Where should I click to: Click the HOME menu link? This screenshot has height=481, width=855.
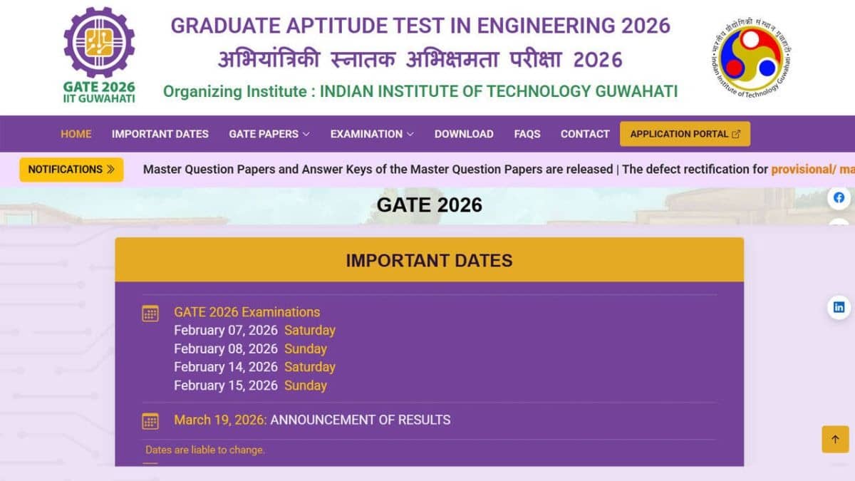tap(76, 134)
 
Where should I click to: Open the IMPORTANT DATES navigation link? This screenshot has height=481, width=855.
tap(160, 134)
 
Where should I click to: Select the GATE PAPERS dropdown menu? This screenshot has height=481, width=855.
tap(269, 134)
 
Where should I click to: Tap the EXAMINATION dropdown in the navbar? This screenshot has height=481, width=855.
tap(371, 134)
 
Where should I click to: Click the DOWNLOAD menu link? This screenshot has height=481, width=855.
tap(464, 134)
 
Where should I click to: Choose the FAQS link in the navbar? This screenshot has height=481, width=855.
tap(527, 134)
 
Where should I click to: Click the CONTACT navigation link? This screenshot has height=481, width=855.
tap(585, 134)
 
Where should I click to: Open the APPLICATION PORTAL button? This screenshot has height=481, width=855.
tap(685, 134)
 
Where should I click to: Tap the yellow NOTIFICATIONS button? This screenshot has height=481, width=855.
tap(71, 170)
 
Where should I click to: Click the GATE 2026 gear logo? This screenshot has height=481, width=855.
tap(99, 43)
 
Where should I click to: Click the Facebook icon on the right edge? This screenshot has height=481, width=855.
tap(839, 198)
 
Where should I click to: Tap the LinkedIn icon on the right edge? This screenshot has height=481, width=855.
tap(839, 307)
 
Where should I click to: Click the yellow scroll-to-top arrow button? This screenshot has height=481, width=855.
tap(835, 439)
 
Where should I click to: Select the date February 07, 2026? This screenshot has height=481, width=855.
tap(225, 331)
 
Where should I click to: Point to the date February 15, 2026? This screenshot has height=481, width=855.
tap(225, 386)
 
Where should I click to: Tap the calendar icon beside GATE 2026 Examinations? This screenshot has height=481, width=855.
tap(150, 314)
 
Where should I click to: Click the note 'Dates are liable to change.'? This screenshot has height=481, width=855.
tap(205, 450)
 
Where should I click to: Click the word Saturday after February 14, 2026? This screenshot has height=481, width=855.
tap(309, 367)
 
